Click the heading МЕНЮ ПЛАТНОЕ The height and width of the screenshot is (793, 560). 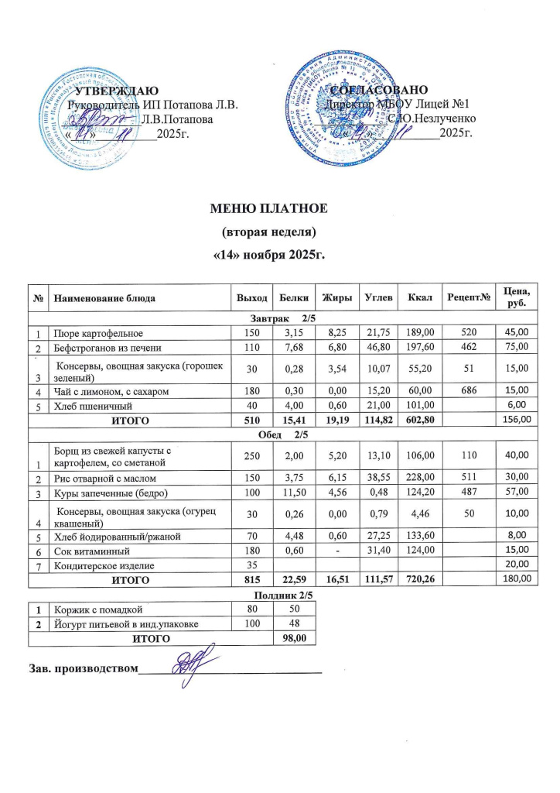pyautogui.click(x=271, y=209)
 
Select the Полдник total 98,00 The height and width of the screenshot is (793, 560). pyautogui.click(x=295, y=638)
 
